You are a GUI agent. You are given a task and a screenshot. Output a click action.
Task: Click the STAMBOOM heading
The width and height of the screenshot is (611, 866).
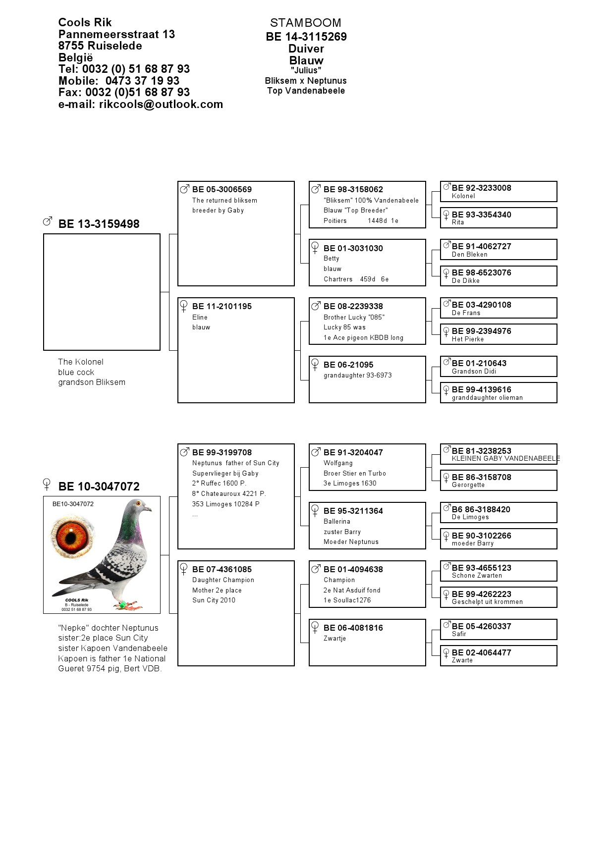(305, 23)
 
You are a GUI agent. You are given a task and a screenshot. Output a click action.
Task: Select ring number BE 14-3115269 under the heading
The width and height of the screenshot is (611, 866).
(306, 37)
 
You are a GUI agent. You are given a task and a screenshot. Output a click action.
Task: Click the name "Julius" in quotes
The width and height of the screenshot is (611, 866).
(306, 70)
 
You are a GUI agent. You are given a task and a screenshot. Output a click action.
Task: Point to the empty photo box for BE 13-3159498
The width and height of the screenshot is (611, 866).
(102, 292)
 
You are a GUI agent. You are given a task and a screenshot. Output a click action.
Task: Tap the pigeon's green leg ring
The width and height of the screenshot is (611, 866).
(122, 605)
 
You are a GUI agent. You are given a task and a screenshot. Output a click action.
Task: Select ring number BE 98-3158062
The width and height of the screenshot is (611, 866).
(353, 189)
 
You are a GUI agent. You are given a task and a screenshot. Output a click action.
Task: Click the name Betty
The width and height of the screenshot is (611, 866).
(332, 259)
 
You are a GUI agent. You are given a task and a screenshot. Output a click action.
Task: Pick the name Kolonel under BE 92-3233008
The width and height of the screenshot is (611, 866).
(463, 196)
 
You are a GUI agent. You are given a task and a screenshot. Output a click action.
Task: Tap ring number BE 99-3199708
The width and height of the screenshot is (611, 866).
(222, 452)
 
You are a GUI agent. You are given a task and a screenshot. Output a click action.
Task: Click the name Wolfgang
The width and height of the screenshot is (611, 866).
(338, 463)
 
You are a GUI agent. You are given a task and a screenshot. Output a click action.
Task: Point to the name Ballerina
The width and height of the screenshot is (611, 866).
(337, 522)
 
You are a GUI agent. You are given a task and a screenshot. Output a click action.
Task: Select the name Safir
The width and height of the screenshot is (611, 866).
(459, 634)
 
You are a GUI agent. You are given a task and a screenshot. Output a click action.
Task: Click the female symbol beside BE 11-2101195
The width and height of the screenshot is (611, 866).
(184, 306)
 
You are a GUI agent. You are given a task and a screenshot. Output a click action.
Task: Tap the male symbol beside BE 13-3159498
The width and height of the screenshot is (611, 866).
(48, 221)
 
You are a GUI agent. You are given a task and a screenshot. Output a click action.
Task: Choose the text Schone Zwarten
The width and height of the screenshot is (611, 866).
(477, 576)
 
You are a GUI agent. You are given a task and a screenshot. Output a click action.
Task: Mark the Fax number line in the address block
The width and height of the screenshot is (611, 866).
(124, 92)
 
